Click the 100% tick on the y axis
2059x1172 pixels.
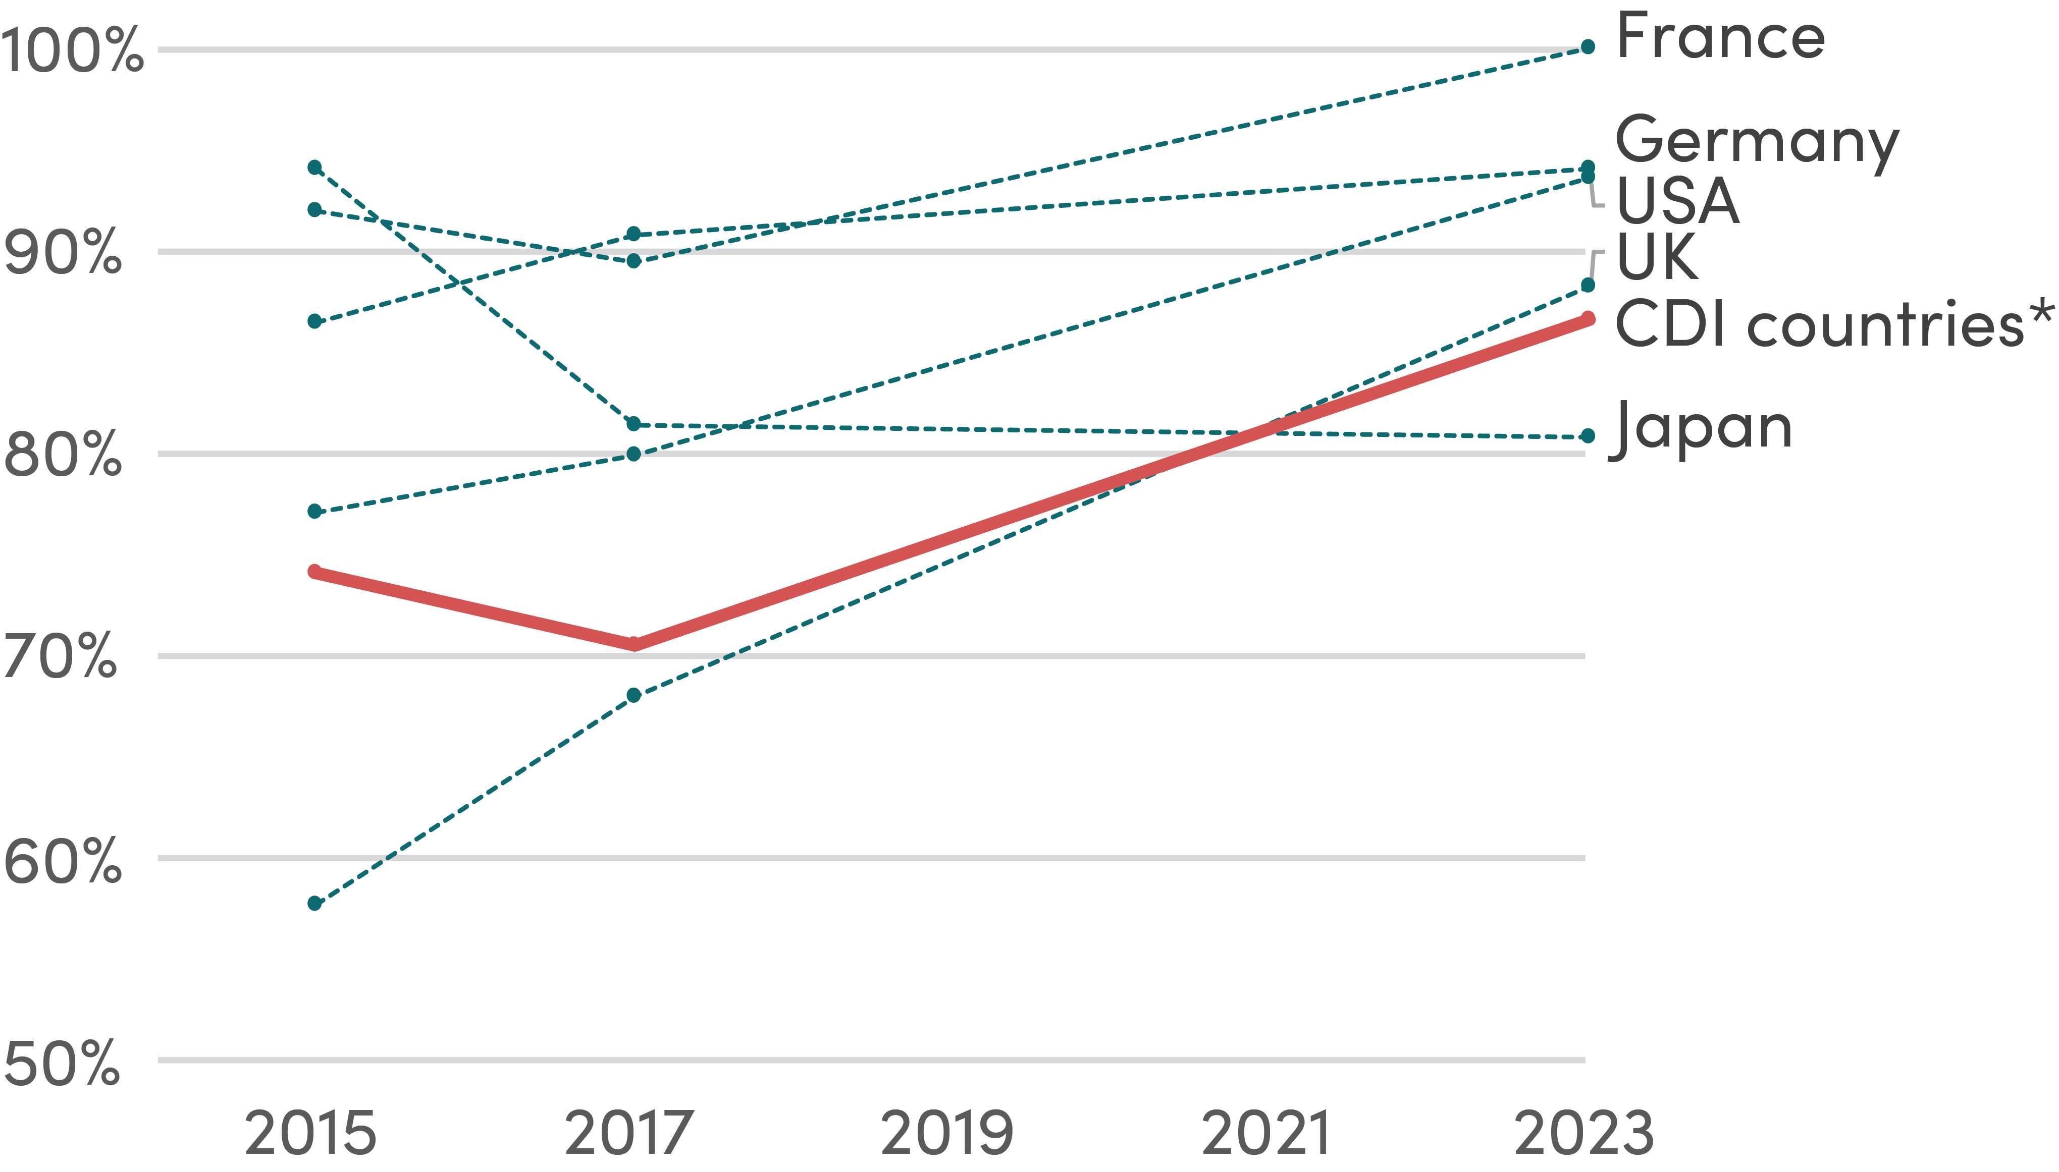(71, 50)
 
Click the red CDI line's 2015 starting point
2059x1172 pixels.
(315, 572)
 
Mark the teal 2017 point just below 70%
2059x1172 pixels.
(633, 695)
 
